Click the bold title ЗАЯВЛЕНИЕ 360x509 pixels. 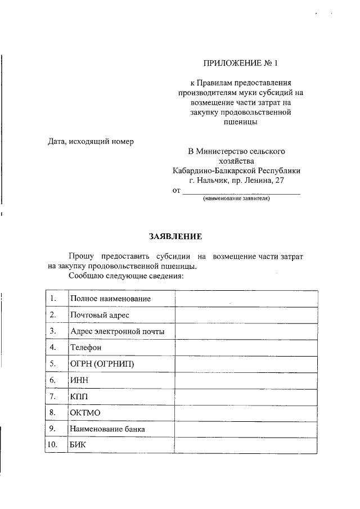[x=175, y=236]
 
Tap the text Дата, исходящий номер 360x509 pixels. [x=91, y=141]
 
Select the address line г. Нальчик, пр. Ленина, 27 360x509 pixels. [x=236, y=181]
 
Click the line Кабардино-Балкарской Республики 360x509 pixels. [x=236, y=170]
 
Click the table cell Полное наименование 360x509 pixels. [x=110, y=299]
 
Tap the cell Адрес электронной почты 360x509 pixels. [x=117, y=331]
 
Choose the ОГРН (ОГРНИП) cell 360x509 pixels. [x=102, y=364]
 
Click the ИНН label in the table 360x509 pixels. [x=79, y=380]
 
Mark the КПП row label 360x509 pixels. [x=79, y=397]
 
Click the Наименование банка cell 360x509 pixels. [x=107, y=429]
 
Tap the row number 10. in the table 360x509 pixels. [x=53, y=445]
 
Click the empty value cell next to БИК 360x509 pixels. [x=246, y=445]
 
